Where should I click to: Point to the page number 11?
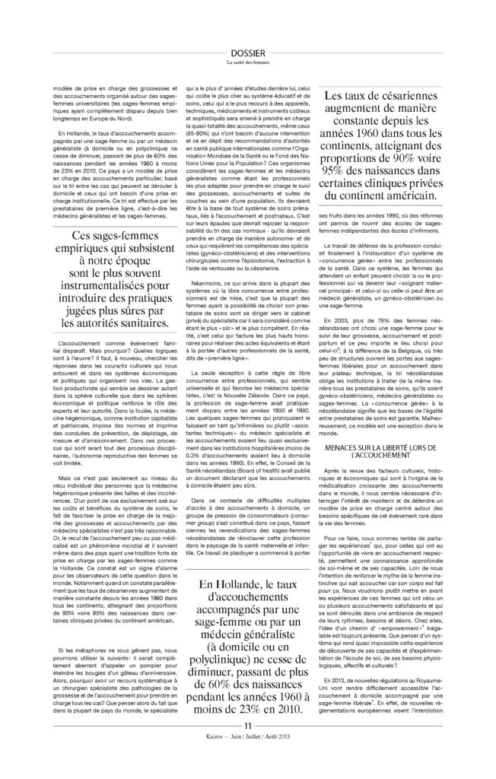click(x=248, y=748)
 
